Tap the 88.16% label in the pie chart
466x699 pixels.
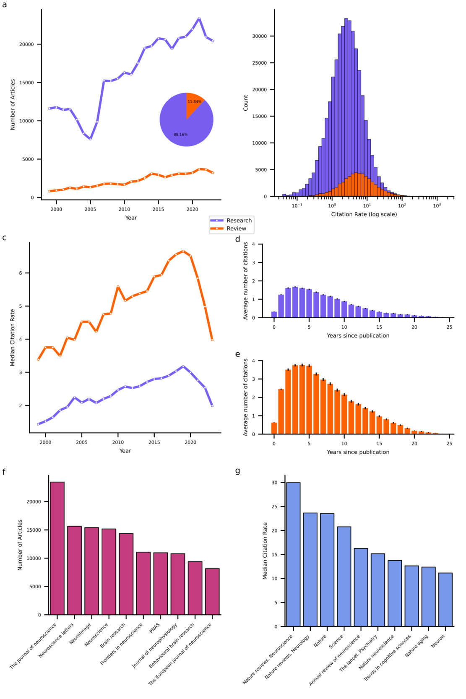pyautogui.click(x=180, y=135)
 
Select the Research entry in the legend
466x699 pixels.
pyautogui.click(x=239, y=221)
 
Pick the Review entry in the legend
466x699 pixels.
pyautogui.click(x=236, y=229)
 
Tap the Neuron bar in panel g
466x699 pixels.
pyautogui.click(x=445, y=600)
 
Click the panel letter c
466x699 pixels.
pyautogui.click(x=4, y=238)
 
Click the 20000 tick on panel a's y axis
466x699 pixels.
pyautogui.click(x=26, y=44)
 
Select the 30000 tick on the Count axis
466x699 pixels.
pyautogui.click(x=259, y=36)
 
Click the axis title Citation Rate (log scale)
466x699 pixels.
pyautogui.click(x=364, y=214)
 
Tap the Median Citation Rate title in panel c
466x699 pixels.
pyautogui.click(x=13, y=338)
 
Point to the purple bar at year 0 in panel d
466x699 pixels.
pyautogui.click(x=274, y=314)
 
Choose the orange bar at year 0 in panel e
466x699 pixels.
pyautogui.click(x=274, y=428)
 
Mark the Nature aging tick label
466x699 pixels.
pyautogui.click(x=417, y=646)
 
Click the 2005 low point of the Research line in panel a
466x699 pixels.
pyautogui.click(x=90, y=139)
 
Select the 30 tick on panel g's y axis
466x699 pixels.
pyautogui.click(x=274, y=483)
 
